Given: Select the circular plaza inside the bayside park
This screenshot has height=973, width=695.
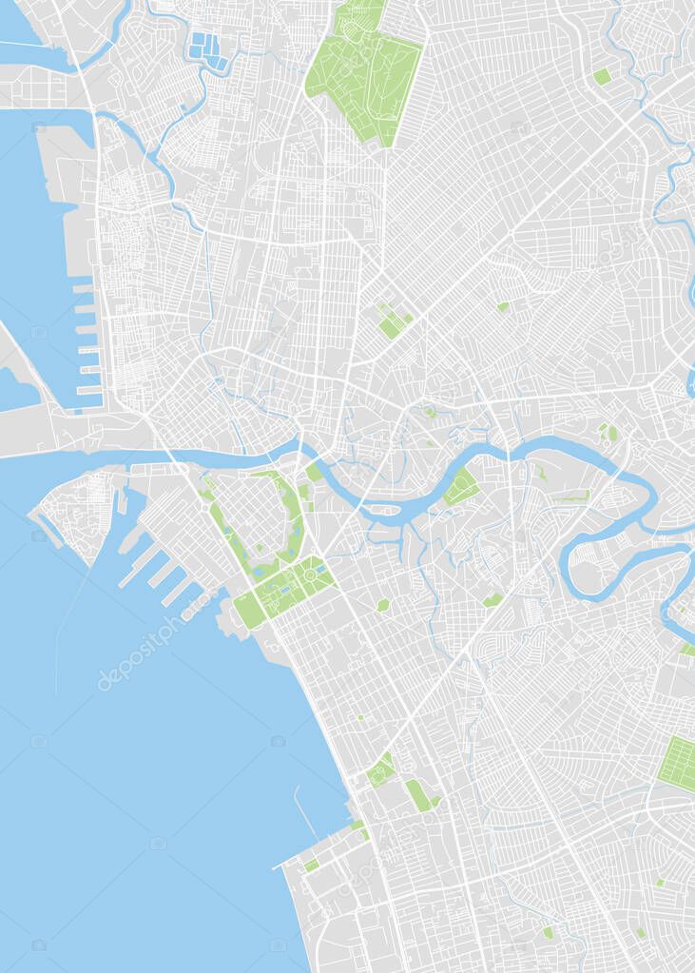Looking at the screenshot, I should click(309, 575).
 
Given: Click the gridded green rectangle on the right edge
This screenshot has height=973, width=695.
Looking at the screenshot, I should click(677, 762).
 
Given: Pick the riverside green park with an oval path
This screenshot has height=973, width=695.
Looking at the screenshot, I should click(462, 486).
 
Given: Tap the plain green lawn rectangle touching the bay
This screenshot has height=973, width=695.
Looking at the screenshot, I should click(248, 610).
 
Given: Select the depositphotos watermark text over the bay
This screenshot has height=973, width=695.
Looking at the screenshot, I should click(138, 653).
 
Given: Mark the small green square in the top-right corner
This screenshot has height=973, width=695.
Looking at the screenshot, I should click(602, 76).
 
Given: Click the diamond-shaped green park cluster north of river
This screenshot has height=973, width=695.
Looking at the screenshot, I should click(393, 321).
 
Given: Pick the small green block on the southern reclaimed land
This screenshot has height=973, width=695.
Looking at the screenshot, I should click(311, 865).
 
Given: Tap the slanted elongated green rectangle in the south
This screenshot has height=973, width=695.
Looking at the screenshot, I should click(418, 795).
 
